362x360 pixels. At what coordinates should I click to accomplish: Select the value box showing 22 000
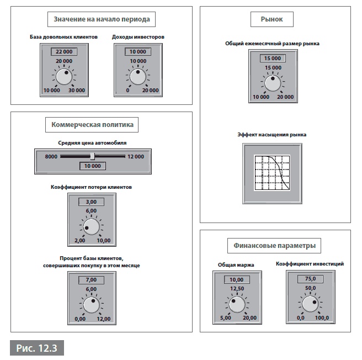63,51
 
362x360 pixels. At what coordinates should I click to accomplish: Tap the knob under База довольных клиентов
63,76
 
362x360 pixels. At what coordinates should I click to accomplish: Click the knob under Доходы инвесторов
137,76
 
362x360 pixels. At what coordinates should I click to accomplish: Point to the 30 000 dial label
77,90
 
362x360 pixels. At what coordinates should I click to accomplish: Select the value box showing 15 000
272,58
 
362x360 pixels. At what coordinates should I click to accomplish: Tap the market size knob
272,83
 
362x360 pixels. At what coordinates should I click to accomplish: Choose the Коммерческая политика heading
92,125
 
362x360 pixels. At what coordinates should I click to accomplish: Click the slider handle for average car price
92,156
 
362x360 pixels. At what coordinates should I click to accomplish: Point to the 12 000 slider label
135,156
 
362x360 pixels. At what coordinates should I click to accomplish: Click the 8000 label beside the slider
51,156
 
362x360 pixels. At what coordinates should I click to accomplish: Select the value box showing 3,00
91,202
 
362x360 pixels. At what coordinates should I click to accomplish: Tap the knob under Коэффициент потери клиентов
91,227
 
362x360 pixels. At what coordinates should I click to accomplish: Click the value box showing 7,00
91,279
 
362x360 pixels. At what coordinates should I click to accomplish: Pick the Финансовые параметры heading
274,245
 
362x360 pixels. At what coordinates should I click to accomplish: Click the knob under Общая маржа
236,304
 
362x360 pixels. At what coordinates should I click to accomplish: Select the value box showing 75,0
310,279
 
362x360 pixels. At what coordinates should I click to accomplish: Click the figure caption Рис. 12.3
37,348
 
